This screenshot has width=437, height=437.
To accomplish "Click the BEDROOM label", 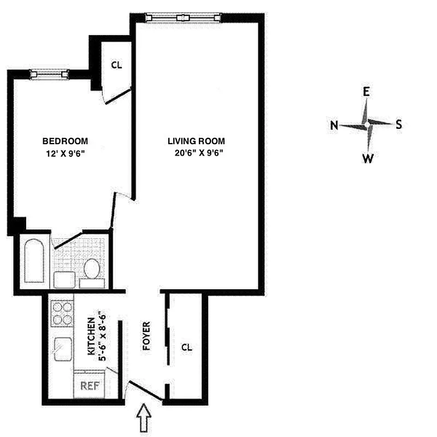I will [65, 140].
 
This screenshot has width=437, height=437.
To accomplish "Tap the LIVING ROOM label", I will [196, 140].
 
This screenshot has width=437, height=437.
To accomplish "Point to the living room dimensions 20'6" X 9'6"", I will [196, 153].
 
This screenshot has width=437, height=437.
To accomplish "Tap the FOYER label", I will [146, 336].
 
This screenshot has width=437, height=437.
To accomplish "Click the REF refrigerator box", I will [90, 385].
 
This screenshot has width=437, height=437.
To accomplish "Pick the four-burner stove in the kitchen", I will [61, 314].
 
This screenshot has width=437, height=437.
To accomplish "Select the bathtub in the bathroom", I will [34, 259].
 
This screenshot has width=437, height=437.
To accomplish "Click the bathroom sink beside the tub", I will [65, 280].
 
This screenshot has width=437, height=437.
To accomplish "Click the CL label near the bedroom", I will [116, 64].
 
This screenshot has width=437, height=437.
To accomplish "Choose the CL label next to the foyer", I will [186, 347].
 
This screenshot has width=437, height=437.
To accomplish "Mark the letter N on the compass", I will [334, 125].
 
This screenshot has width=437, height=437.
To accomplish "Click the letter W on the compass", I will [368, 158].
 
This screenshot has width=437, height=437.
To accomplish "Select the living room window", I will [183, 17].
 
